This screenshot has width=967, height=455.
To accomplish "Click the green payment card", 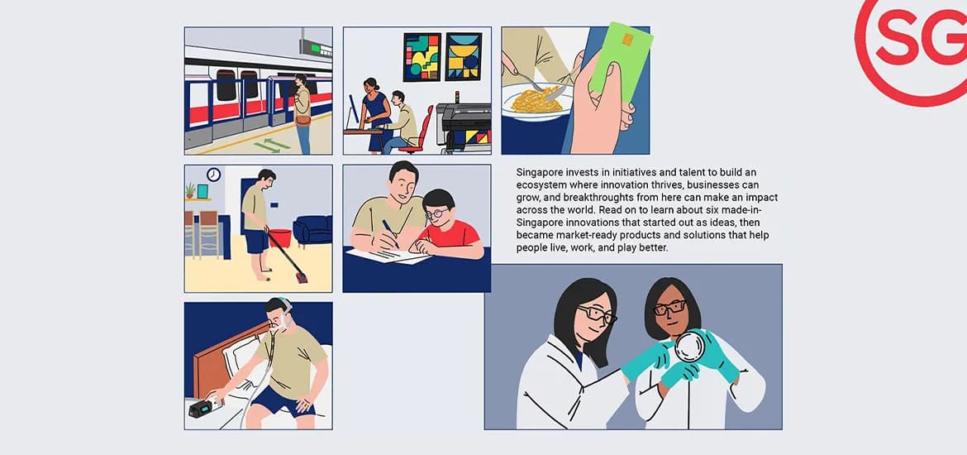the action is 621,61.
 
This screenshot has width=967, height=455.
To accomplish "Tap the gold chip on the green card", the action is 628,40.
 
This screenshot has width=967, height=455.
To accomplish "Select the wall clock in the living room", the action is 214,175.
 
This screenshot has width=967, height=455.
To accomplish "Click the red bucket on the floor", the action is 279,237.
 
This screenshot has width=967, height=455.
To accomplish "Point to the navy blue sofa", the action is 312,229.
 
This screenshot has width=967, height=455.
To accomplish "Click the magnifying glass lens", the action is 688,347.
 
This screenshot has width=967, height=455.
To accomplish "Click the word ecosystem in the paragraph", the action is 538,184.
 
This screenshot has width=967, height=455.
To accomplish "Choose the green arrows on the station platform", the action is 271,146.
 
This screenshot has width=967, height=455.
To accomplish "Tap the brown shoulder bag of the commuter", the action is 302,119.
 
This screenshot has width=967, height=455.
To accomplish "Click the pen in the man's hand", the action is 390,233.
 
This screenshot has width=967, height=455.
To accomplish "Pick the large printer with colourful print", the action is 464,127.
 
